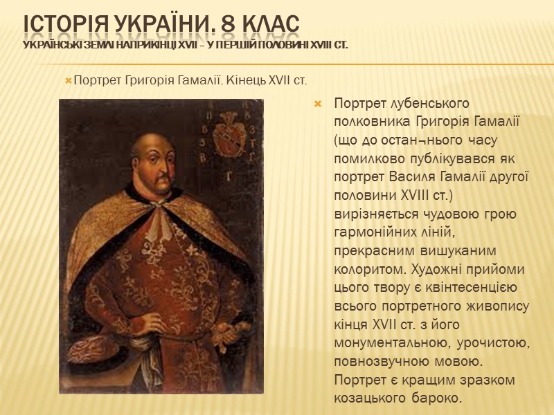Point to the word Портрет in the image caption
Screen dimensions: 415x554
click(x=96, y=82)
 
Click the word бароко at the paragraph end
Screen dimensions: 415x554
click(x=435, y=398)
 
